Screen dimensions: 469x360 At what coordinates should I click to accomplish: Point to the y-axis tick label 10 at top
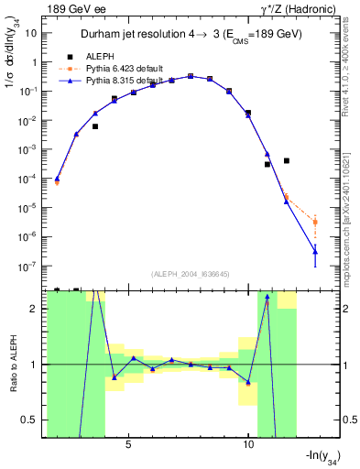click(32, 33)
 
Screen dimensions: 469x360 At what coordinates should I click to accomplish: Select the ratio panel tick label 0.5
click(31, 420)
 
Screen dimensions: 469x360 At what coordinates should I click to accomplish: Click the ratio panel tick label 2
click(36, 309)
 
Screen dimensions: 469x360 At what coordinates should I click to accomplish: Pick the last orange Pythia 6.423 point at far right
click(315, 222)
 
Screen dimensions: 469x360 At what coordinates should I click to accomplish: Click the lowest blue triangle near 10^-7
click(315, 250)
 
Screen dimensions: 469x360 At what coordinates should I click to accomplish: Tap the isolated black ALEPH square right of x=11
click(287, 160)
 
